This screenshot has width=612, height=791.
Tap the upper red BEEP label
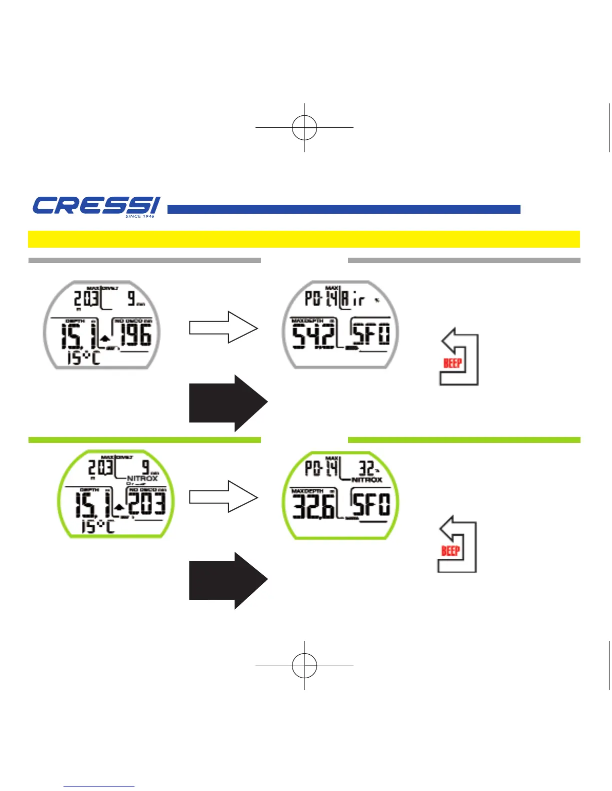[x=453, y=363]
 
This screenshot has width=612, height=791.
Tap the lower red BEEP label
[x=450, y=551]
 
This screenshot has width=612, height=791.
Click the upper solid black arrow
[x=227, y=403]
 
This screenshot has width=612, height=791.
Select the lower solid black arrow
[x=227, y=581]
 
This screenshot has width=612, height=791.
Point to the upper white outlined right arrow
[x=223, y=328]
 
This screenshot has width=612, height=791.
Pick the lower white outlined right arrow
[x=223, y=496]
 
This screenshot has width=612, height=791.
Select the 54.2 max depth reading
[x=313, y=336]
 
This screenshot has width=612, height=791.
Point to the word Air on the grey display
[x=353, y=300]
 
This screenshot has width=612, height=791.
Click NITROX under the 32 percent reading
[x=367, y=480]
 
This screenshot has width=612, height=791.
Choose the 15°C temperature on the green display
[x=98, y=526]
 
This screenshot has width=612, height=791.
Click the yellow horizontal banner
[x=303, y=239]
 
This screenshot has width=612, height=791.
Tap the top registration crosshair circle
[x=304, y=127]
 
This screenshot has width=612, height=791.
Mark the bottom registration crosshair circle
[x=304, y=665]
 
